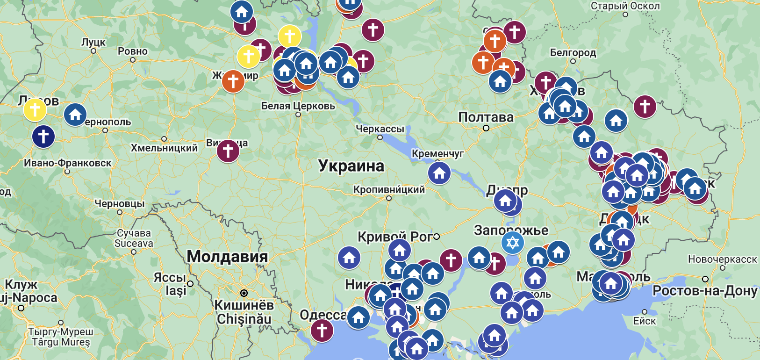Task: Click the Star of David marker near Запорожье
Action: [512, 243]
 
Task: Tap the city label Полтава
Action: [486, 117]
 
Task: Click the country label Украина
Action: [351, 166]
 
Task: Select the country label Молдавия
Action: [227, 257]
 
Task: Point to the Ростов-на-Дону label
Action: [704, 291]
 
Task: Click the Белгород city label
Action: [573, 52]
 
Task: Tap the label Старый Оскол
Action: [625, 6]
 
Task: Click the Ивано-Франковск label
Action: [68, 163]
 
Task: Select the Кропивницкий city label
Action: [389, 189]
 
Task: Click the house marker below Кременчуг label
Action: [439, 173]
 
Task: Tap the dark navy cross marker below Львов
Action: [43, 137]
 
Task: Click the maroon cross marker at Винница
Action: [228, 151]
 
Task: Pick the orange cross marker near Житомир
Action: [233, 81]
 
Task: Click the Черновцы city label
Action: [120, 204]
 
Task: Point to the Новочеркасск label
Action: [722, 259]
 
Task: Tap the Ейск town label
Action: [645, 321]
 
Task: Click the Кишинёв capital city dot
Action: [244, 293]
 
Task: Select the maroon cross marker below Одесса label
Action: [322, 330]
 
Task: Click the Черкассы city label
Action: [380, 129]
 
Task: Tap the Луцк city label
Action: [93, 42]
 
